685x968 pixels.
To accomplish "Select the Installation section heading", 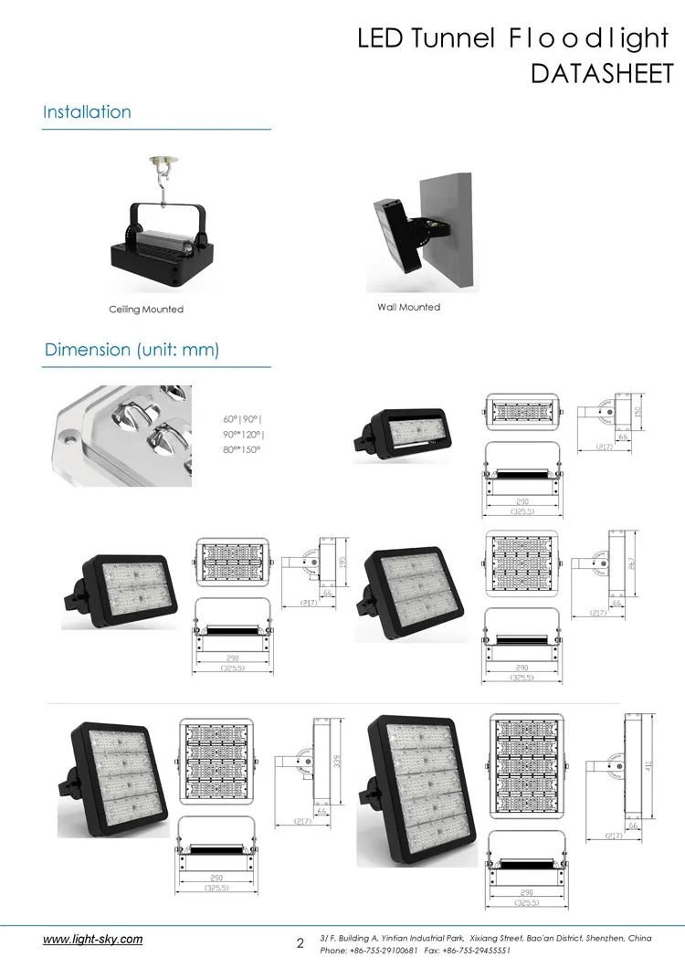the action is (88, 112).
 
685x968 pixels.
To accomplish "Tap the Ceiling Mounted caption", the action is (146, 310).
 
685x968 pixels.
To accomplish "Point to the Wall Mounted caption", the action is (408, 307).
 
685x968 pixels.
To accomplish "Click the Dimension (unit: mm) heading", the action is (132, 350).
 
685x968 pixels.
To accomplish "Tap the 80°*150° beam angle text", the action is (242, 449).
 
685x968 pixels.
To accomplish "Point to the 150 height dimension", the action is (639, 413).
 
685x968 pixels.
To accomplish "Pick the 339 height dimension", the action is (337, 761).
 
